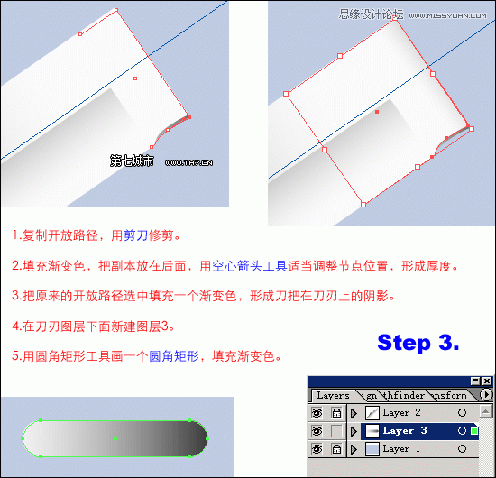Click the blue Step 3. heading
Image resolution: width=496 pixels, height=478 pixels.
pos(418,343)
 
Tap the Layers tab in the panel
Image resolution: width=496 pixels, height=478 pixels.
pos(333,395)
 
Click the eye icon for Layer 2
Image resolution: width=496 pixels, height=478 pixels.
pos(317,412)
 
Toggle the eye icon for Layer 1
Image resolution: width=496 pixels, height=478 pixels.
pos(317,448)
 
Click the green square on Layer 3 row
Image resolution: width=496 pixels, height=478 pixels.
pos(474,431)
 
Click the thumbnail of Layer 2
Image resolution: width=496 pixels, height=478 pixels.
pos(370,412)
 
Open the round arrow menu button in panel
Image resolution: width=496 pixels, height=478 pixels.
pos(486,395)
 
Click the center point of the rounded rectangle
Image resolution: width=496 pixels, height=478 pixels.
pos(115,438)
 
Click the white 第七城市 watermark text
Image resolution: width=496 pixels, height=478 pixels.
pos(132,161)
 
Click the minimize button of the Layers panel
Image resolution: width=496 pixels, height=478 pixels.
pos(474,381)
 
